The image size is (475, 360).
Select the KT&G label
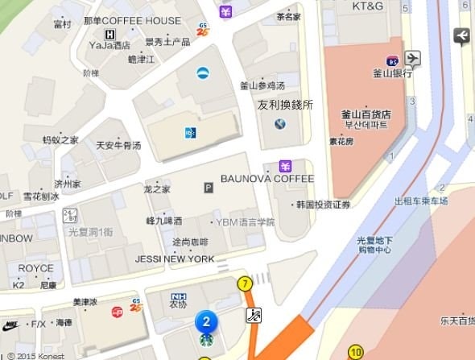point(368,6)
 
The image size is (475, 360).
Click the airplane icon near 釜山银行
point(413,58)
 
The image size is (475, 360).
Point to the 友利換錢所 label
point(285,105)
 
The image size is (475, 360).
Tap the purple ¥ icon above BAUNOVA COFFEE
point(284,166)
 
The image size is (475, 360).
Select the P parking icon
point(209,188)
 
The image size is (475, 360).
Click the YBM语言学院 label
point(245,221)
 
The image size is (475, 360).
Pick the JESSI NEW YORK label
point(175,259)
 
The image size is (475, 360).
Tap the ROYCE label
point(35,268)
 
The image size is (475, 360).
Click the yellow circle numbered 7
point(245,283)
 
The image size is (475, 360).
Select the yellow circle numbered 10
point(356,352)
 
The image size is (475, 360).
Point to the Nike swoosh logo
point(10,325)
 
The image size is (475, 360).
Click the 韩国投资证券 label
point(323,205)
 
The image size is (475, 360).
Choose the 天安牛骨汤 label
point(118,146)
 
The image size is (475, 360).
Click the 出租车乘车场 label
point(421,201)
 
